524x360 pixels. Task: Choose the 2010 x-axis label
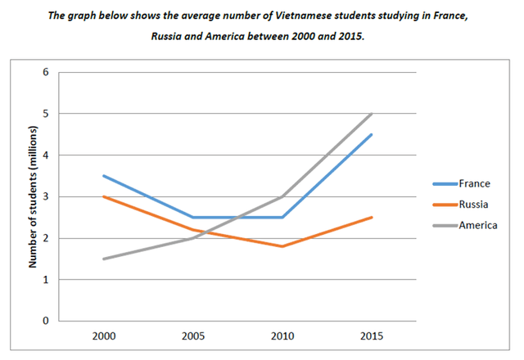(282, 337)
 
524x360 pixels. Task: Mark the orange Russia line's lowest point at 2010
(282, 246)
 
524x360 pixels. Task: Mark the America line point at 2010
(282, 196)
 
